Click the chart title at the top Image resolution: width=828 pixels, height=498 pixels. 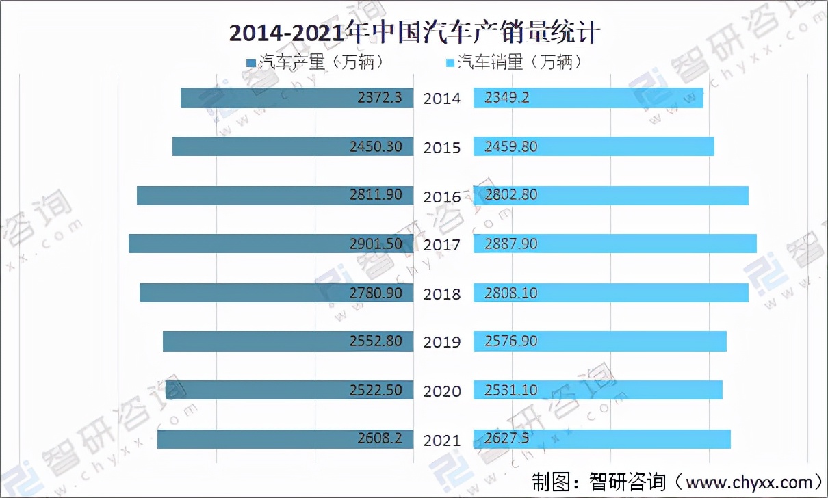(x=414, y=32)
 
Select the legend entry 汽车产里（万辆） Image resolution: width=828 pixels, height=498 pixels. (x=315, y=62)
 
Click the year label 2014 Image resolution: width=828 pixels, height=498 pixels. (x=442, y=99)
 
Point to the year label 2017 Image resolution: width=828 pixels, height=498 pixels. (x=442, y=245)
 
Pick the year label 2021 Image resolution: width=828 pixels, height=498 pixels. (x=442, y=440)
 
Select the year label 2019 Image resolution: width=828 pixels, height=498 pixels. (x=442, y=342)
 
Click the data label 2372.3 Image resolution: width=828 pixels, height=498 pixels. (x=380, y=98)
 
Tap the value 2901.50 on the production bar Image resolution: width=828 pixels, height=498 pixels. (x=375, y=244)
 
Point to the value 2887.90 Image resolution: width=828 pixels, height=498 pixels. (x=511, y=244)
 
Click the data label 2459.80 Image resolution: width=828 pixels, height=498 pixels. (x=511, y=146)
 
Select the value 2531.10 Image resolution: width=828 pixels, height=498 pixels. (x=511, y=390)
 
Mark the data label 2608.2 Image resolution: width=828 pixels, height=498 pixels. (x=380, y=438)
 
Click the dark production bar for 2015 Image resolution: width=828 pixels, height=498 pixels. (x=260, y=146)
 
